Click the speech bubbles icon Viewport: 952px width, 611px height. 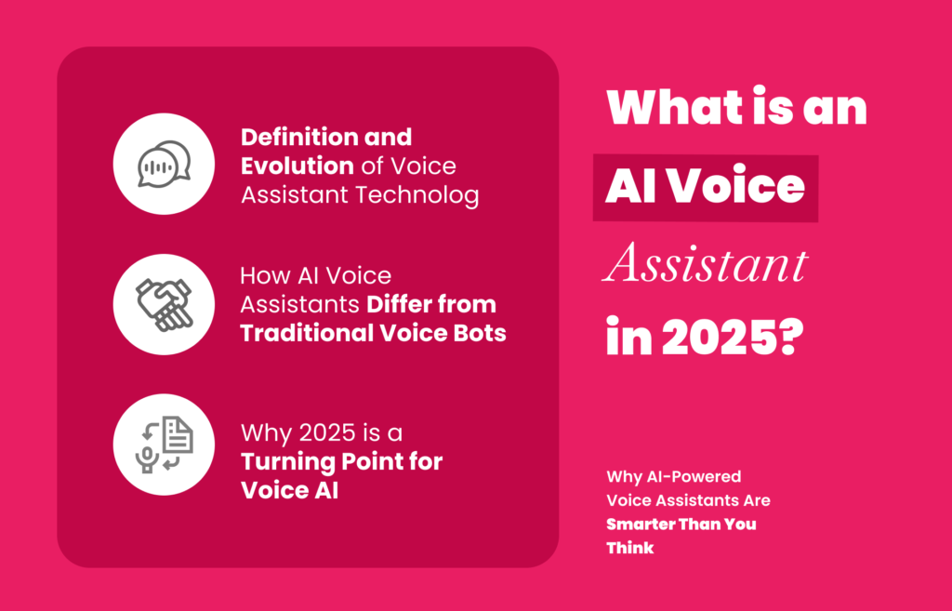[x=164, y=164]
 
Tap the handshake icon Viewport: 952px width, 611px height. [x=164, y=304]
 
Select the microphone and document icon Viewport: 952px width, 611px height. [x=164, y=445]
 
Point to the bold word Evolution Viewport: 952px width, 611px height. [x=297, y=166]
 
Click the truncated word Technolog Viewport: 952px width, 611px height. [x=417, y=195]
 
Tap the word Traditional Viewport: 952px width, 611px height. [x=307, y=333]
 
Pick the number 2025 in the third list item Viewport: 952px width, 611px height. [x=327, y=433]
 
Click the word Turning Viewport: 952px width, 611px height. [x=284, y=461]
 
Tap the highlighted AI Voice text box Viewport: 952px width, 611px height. [x=706, y=188]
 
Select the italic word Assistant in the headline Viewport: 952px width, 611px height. [x=705, y=263]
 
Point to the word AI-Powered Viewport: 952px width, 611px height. [x=694, y=477]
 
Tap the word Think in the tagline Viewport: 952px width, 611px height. [x=630, y=548]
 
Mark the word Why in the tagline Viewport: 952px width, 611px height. [x=624, y=477]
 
